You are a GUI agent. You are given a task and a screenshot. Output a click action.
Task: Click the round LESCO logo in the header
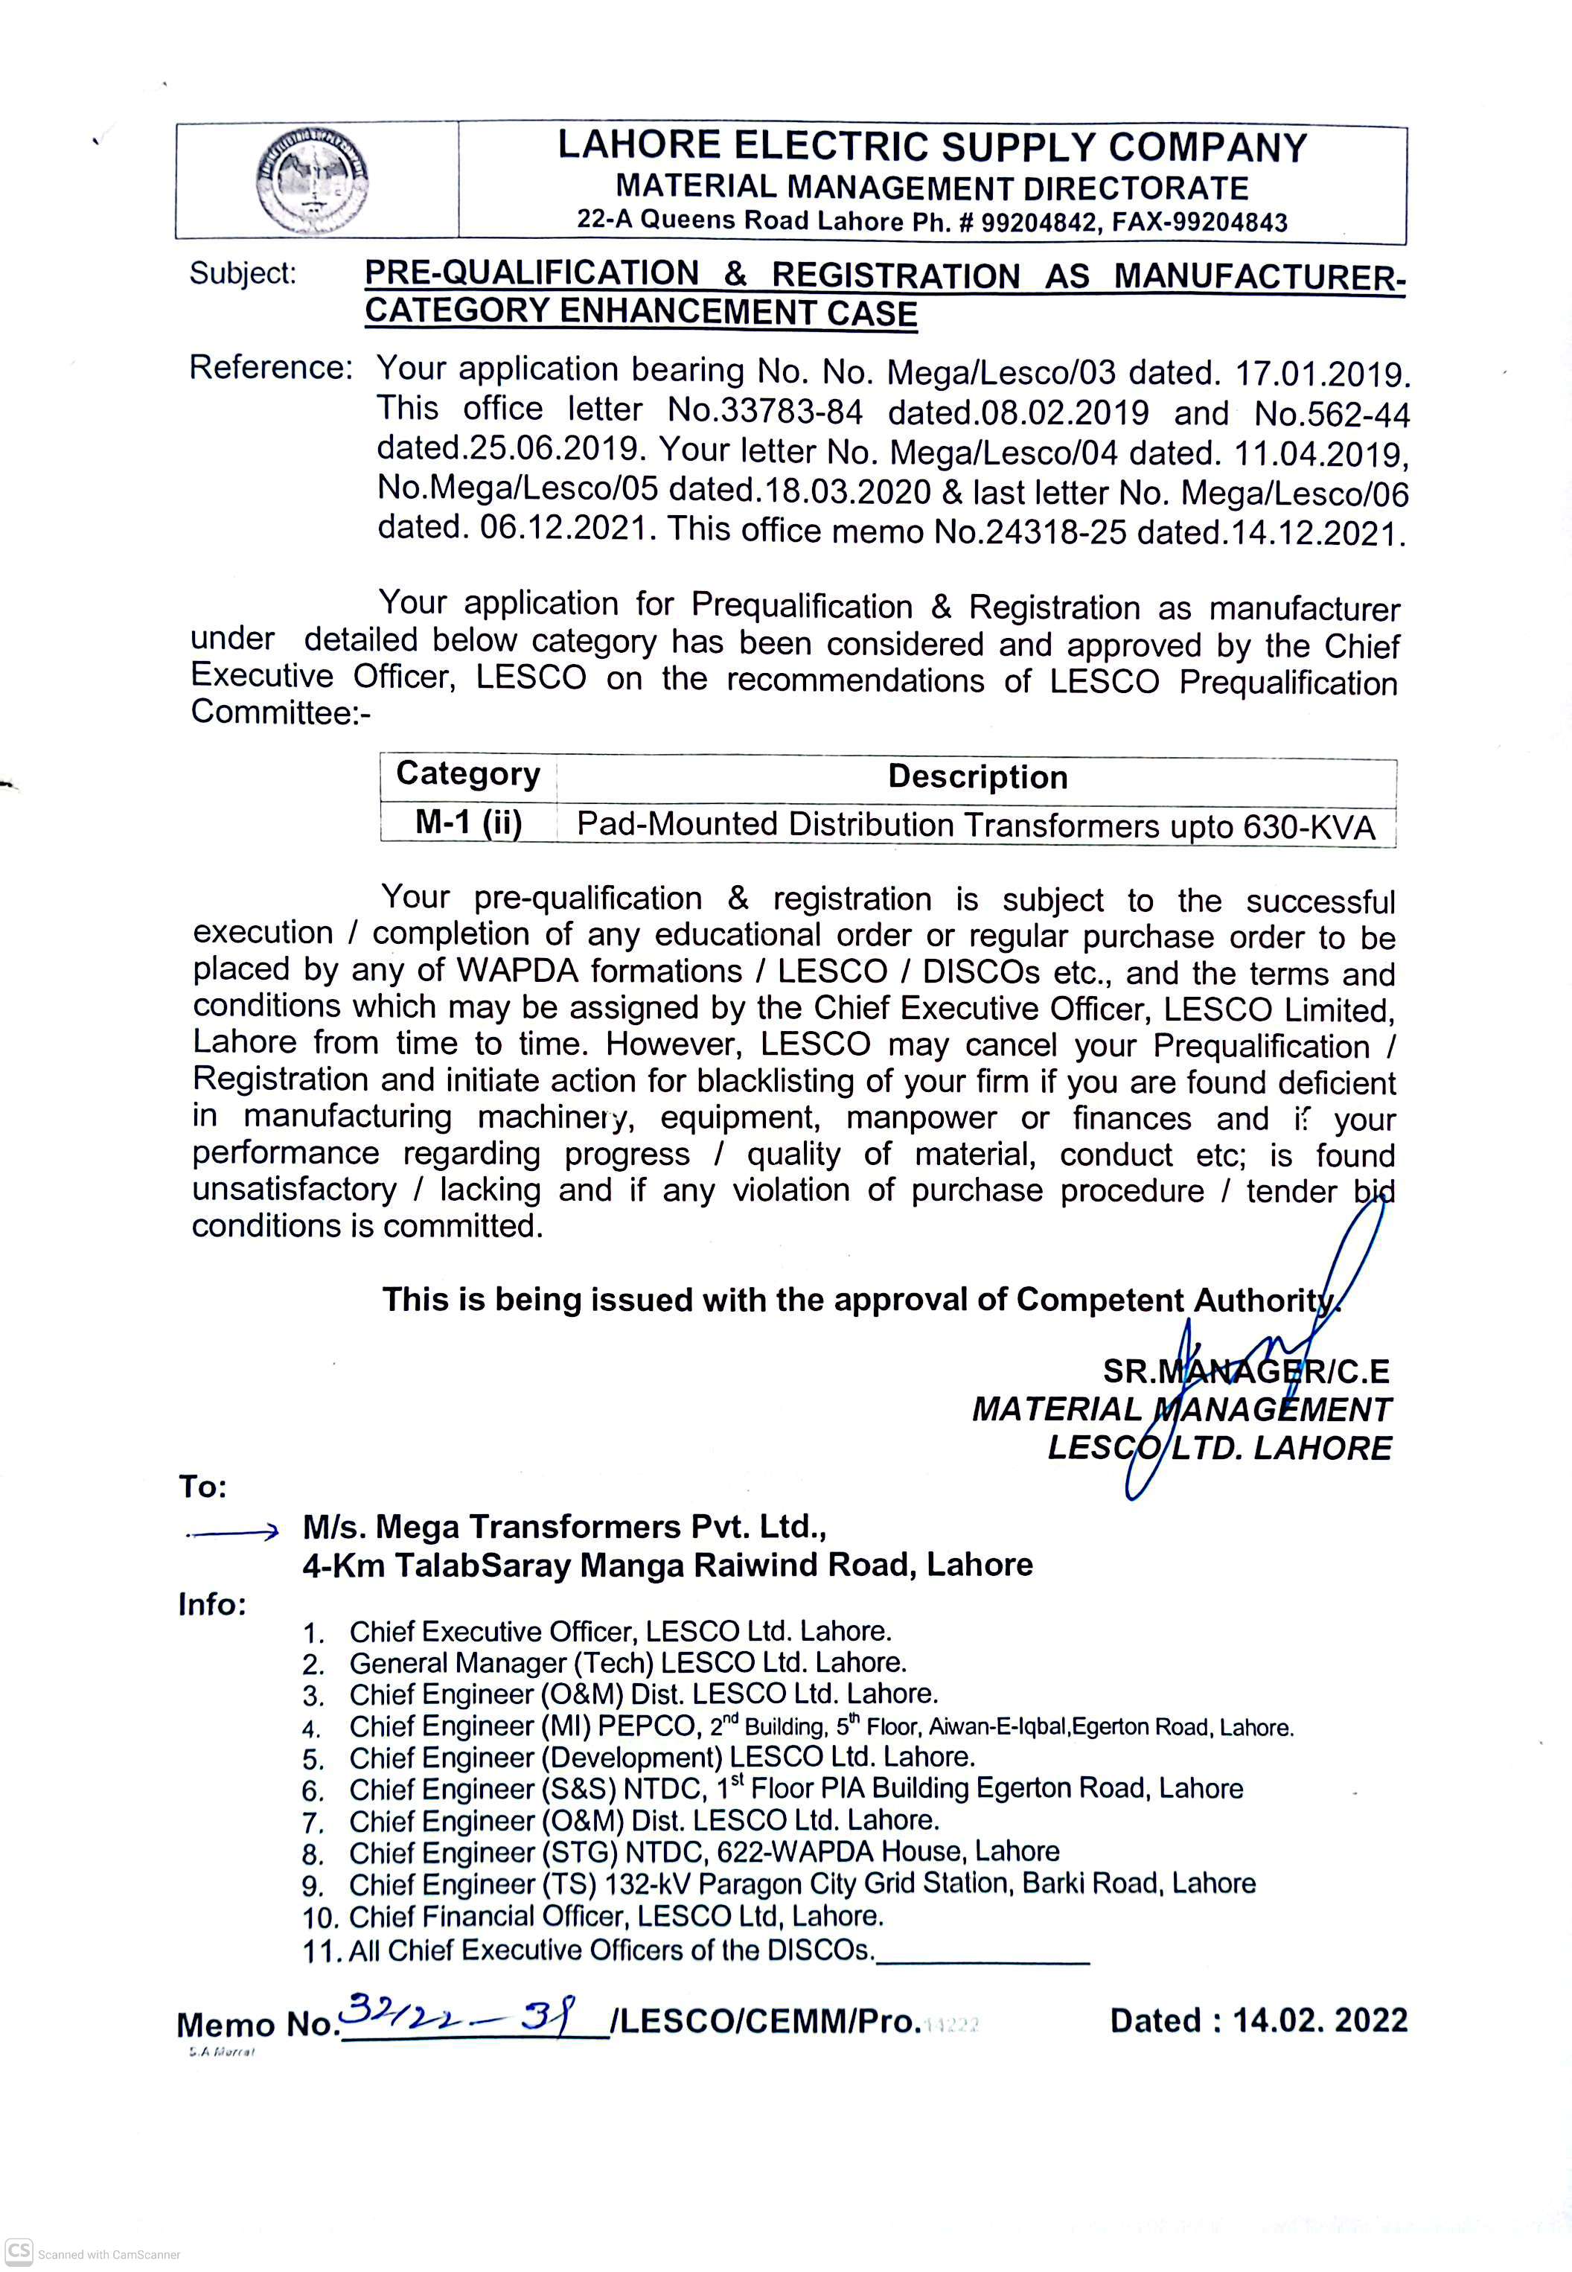click(312, 181)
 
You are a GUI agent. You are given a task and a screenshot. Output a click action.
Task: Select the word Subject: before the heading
click(243, 272)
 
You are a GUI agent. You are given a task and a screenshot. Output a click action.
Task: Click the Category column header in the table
click(468, 774)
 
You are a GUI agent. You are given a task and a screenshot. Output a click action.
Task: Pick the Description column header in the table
click(977, 777)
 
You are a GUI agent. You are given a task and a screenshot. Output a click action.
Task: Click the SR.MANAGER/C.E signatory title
click(1245, 1371)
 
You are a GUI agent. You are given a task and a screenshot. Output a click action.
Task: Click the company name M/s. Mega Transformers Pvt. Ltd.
click(563, 1527)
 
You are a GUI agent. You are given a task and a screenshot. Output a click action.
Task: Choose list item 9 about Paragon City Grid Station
click(801, 1884)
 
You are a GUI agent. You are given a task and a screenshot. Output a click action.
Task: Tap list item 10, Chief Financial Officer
click(616, 1916)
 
